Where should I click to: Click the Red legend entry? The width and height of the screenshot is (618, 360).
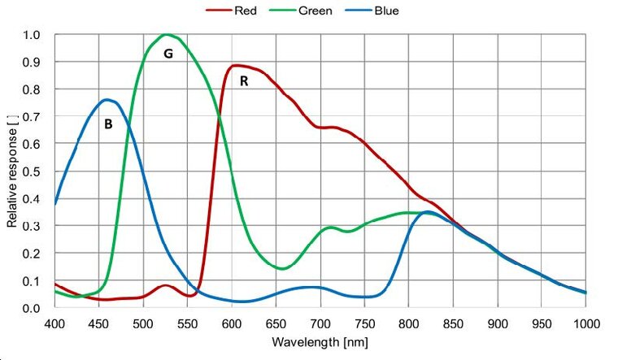coord(232,11)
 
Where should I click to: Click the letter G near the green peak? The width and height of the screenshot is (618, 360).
coord(168,54)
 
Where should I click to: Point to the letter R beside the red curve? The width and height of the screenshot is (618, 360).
coord(243,81)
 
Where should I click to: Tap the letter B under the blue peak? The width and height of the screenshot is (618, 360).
coord(107,125)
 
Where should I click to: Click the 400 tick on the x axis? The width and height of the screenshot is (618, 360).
coord(54,323)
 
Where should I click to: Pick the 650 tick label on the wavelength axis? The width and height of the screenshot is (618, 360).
coord(276,323)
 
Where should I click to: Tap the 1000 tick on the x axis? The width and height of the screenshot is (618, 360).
coord(585,323)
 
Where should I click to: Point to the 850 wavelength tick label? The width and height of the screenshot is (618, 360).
coord(453,323)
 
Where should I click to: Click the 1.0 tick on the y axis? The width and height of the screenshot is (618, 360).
coord(32,35)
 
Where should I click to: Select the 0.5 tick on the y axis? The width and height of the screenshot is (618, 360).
coord(32,171)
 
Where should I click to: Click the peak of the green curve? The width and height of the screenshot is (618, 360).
coord(168,34)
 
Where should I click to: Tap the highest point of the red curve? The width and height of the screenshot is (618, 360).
coord(236,65)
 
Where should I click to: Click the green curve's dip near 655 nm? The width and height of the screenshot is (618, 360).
coord(281,268)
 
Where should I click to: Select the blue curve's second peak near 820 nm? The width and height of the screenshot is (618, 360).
coord(427,212)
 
